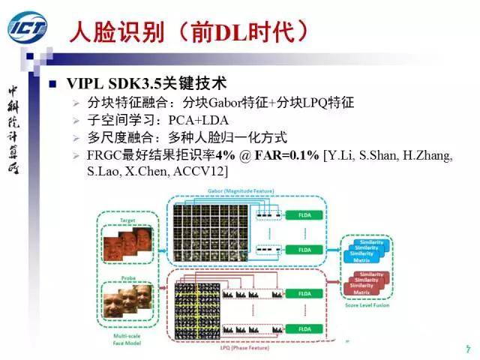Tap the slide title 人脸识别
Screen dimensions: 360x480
click(109, 29)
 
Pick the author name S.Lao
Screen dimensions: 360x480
click(106, 172)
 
